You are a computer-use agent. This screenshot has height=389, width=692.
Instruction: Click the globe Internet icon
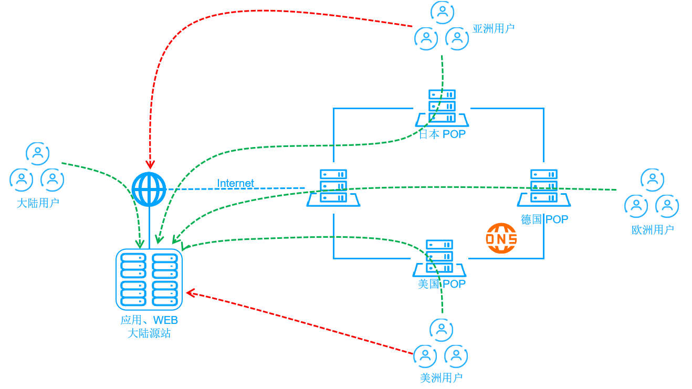[x=149, y=189]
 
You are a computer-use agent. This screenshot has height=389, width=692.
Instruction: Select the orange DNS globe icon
[x=501, y=238]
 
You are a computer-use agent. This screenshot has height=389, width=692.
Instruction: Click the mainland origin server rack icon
[x=149, y=279]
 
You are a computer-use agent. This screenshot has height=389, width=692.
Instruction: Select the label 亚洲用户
[x=493, y=29]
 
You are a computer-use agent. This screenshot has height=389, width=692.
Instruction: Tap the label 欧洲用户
[x=653, y=230]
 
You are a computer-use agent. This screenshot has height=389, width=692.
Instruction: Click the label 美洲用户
[x=441, y=378]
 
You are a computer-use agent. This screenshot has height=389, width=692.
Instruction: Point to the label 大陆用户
[x=38, y=203]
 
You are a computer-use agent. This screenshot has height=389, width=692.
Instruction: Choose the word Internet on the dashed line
[x=236, y=183]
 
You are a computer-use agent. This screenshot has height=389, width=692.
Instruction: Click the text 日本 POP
[x=442, y=134]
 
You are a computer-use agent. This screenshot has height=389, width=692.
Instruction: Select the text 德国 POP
[x=544, y=219]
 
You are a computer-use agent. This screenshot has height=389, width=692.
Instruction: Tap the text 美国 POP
[x=442, y=284]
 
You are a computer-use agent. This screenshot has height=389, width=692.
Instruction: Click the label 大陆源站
[x=149, y=333]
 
